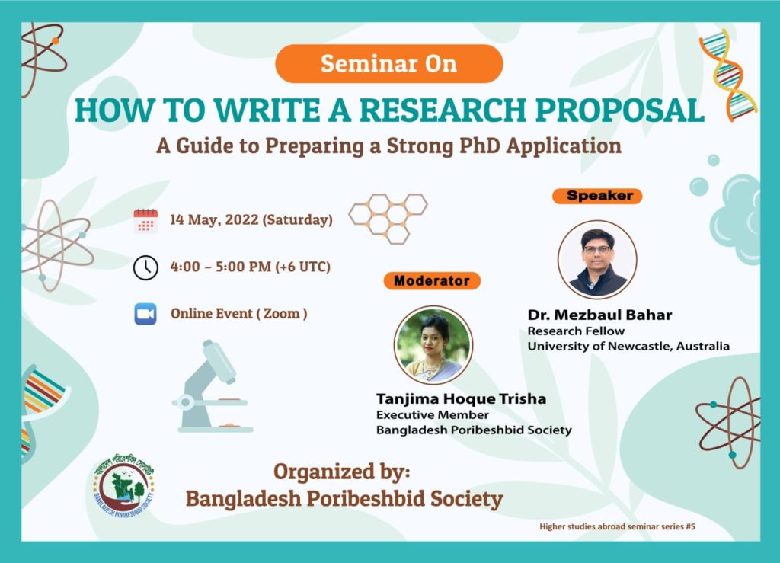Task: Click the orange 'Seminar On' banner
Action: click(x=389, y=64)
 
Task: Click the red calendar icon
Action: click(x=145, y=221)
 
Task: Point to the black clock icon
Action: click(x=145, y=267)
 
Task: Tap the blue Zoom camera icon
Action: click(x=145, y=314)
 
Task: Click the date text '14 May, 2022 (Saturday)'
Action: click(x=251, y=220)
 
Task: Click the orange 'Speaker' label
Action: click(x=597, y=196)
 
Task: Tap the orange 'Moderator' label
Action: click(x=432, y=281)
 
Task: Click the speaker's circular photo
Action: click(x=597, y=260)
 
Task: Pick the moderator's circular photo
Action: click(x=433, y=345)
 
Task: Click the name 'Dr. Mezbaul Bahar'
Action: click(x=600, y=315)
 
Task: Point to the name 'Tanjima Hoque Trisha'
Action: click(x=461, y=399)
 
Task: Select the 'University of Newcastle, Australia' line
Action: click(x=628, y=346)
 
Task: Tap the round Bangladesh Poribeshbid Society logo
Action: click(x=124, y=486)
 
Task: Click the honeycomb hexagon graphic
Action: click(x=388, y=219)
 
